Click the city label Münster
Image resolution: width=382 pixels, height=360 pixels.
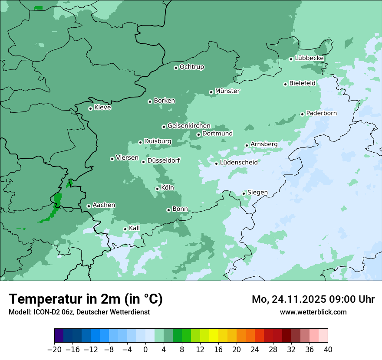[227, 91]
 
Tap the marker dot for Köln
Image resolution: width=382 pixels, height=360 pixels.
[157, 189]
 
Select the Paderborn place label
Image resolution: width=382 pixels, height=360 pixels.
[321, 113]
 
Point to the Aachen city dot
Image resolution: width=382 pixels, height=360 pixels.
[89, 206]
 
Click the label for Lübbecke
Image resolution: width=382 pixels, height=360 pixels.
[309, 58]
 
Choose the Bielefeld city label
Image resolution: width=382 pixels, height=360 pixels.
[302, 83]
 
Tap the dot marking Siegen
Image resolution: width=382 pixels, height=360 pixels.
[244, 193]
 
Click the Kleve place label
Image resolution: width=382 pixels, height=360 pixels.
[102, 108]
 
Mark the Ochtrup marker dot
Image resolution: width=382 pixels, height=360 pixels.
[176, 67]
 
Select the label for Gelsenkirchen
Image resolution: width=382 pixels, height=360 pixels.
[189, 126]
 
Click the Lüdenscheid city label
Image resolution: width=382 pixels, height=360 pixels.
[239, 163]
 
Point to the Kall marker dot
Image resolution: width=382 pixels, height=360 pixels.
[125, 229]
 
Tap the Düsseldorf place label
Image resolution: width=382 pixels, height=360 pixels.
[164, 161]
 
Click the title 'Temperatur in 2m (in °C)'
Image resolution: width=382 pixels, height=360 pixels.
[86, 299]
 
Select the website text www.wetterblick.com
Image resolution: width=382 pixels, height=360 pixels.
[313, 312]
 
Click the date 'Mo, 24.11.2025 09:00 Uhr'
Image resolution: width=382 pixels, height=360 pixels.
[313, 299]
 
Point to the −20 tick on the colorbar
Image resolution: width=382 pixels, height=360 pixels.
[54, 350]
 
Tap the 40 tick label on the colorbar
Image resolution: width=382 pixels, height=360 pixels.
[328, 350]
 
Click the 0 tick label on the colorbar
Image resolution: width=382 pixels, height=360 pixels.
[145, 350]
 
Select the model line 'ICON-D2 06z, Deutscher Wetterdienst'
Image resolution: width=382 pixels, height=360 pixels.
[79, 312]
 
